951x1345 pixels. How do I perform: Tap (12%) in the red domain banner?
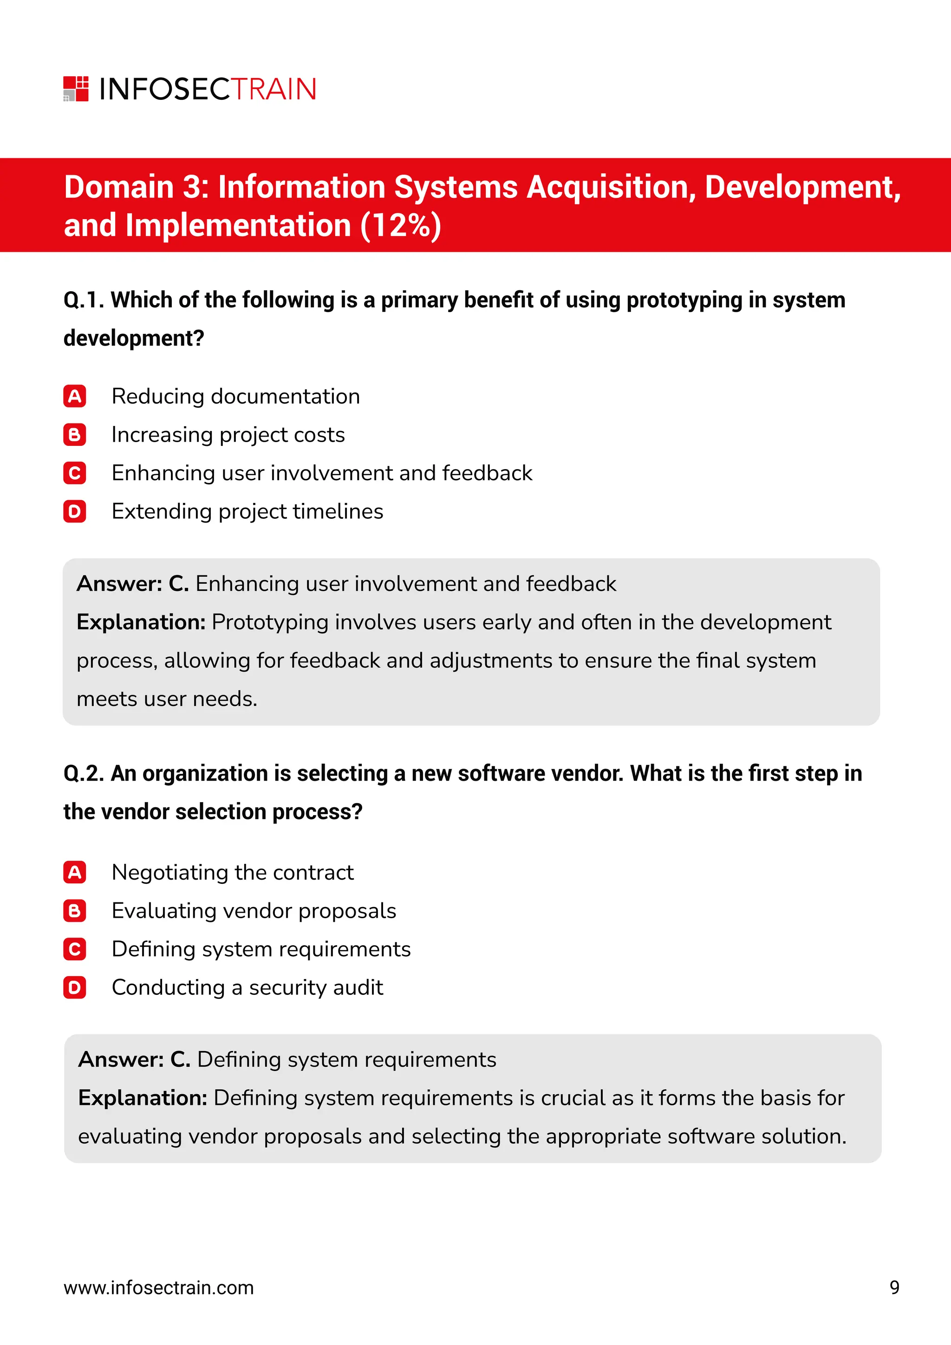click(401, 226)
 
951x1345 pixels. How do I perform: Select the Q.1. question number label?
click(83, 300)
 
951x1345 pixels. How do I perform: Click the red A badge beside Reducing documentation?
click(74, 397)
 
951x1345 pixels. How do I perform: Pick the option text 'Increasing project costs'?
click(228, 435)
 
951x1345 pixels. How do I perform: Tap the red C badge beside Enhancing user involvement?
click(74, 473)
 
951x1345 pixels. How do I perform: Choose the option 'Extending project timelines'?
click(247, 511)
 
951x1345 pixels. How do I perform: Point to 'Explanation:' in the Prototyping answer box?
click(141, 622)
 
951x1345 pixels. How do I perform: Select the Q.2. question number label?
click(83, 773)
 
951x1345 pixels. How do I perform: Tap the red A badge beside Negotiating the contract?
click(74, 872)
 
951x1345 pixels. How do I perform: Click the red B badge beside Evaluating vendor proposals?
click(74, 911)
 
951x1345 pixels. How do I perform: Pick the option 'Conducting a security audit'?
click(247, 988)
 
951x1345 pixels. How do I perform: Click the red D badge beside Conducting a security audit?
click(74, 988)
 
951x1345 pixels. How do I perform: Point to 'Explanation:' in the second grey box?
click(142, 1098)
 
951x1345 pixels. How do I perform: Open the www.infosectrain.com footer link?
click(159, 1287)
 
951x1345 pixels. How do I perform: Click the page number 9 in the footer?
click(894, 1287)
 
